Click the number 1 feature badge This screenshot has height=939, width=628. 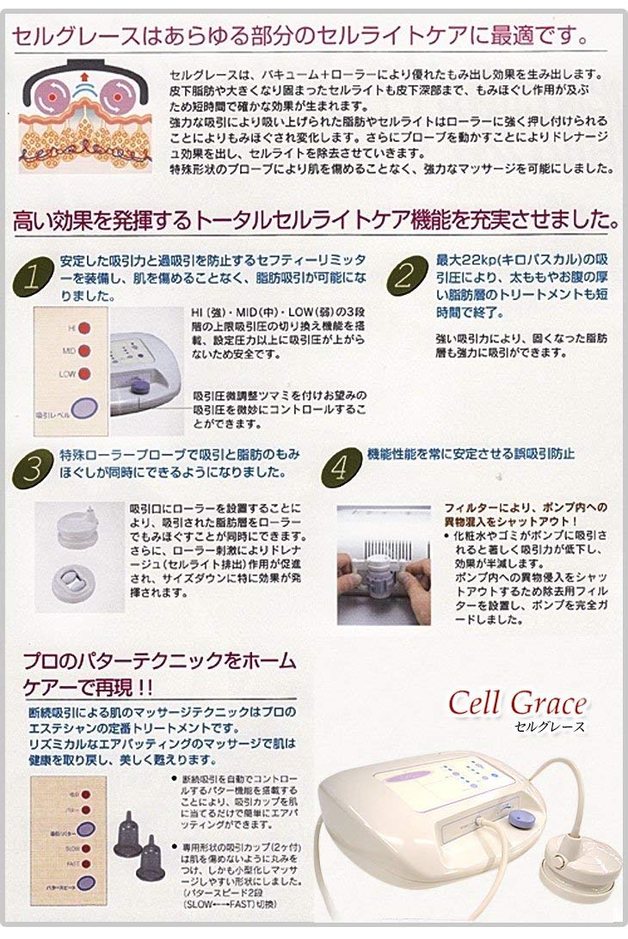point(31,277)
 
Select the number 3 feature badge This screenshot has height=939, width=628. point(31,470)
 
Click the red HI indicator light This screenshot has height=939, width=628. point(84,328)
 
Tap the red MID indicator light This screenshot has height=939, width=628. point(84,350)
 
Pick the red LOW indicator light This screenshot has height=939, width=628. point(84,373)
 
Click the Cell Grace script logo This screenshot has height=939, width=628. point(517,704)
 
